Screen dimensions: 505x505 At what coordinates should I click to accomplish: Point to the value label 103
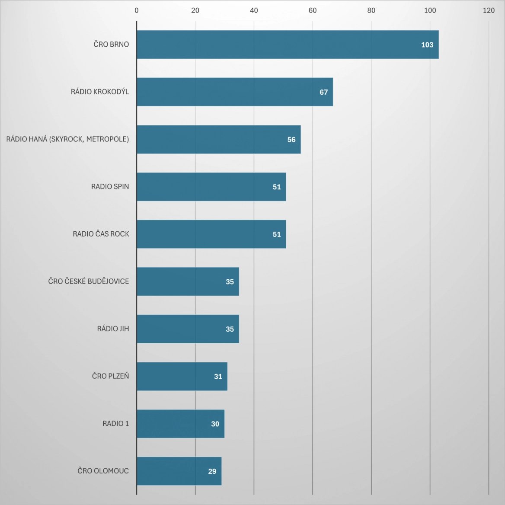pyautogui.click(x=427, y=45)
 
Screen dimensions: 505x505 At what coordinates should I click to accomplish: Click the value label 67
pyautogui.click(x=324, y=92)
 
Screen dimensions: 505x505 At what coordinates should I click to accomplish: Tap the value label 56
pyautogui.click(x=291, y=140)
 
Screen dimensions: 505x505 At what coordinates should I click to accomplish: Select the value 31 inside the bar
pyautogui.click(x=218, y=377)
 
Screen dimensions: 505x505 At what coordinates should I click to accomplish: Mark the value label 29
pyautogui.click(x=212, y=471)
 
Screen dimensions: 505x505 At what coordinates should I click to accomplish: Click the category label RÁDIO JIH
pyautogui.click(x=113, y=329)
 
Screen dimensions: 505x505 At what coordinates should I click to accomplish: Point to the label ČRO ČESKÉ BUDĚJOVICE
pyautogui.click(x=89, y=281)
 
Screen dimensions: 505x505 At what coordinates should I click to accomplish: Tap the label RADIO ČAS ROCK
pyautogui.click(x=101, y=234)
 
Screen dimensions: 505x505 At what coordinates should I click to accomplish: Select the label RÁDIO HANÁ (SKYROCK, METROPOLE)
pyautogui.click(x=67, y=139)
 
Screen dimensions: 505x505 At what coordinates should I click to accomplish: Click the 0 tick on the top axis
pyautogui.click(x=137, y=10)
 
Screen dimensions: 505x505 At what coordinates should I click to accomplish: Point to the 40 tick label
pyautogui.click(x=254, y=10)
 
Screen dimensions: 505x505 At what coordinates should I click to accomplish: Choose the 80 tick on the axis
pyautogui.click(x=371, y=10)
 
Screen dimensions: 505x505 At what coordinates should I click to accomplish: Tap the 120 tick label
pyautogui.click(x=489, y=10)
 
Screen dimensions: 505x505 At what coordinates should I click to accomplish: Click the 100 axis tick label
pyautogui.click(x=430, y=10)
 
